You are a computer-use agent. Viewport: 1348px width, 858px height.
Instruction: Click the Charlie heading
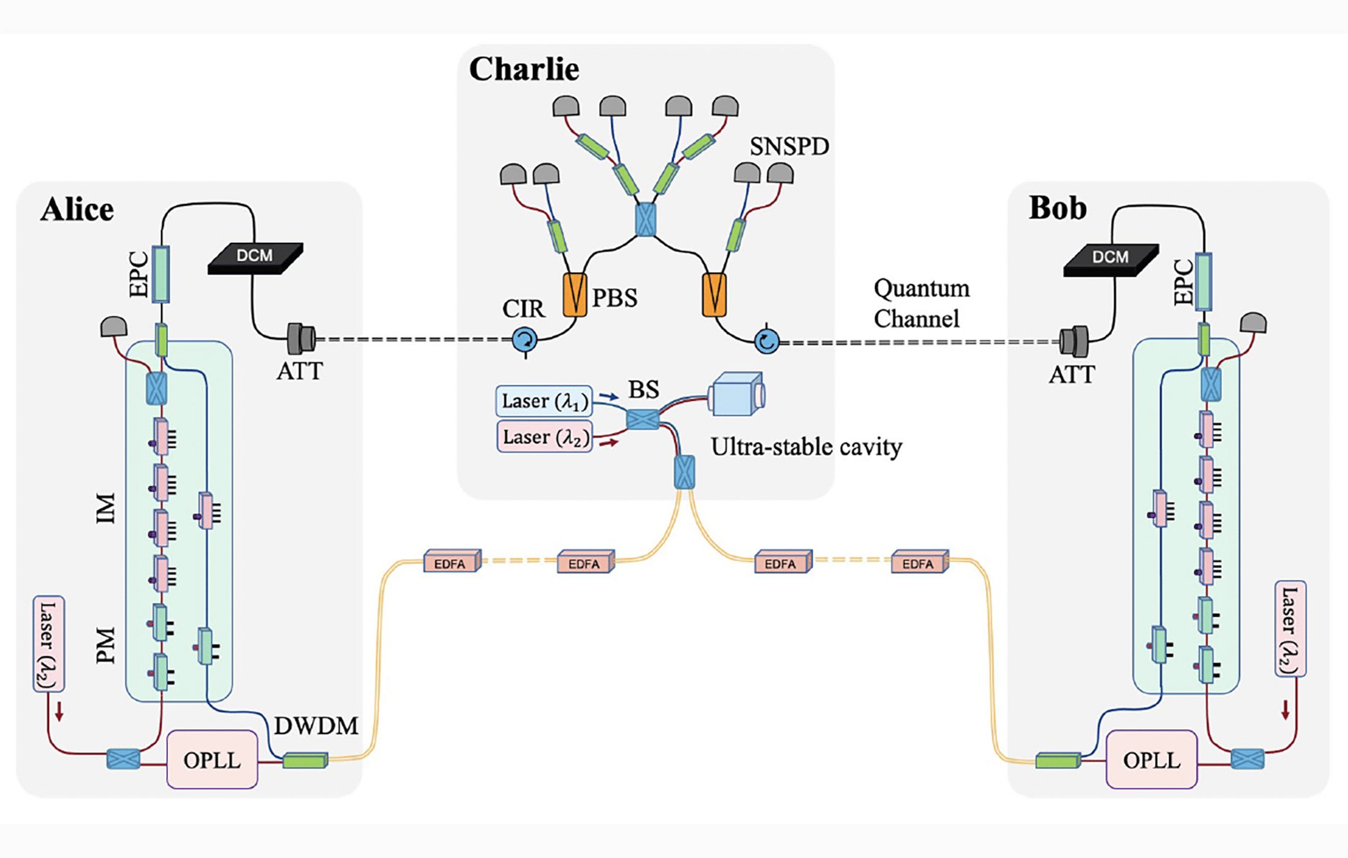click(524, 69)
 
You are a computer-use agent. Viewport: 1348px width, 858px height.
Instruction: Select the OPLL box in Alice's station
click(212, 759)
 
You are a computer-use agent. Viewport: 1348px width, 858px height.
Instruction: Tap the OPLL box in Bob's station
click(1151, 759)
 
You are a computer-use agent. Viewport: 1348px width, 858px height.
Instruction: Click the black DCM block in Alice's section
click(255, 257)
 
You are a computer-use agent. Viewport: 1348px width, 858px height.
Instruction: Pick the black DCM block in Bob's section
click(1110, 259)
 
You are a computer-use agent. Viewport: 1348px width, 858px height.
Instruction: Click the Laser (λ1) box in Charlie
click(544, 401)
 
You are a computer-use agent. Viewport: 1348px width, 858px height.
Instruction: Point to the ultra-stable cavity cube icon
click(736, 393)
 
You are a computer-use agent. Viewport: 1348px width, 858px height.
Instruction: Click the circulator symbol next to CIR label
click(524, 339)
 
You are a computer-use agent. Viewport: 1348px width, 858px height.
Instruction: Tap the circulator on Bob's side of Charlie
click(767, 341)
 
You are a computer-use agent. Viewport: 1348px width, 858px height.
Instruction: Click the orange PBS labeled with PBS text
click(575, 294)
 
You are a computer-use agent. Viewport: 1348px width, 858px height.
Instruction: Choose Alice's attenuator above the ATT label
click(301, 338)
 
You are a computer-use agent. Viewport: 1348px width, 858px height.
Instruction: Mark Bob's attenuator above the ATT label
click(1073, 341)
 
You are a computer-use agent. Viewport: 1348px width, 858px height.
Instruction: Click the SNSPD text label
click(789, 146)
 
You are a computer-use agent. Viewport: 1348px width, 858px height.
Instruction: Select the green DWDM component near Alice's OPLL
click(305, 761)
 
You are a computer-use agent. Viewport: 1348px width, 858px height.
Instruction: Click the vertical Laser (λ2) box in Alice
click(49, 643)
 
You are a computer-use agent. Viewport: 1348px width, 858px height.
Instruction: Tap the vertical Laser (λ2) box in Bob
click(1290, 629)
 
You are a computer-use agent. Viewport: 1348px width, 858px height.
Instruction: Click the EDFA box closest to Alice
click(452, 562)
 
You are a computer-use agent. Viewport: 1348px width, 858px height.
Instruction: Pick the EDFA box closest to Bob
click(919, 562)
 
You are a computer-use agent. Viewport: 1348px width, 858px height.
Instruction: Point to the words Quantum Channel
click(921, 303)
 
